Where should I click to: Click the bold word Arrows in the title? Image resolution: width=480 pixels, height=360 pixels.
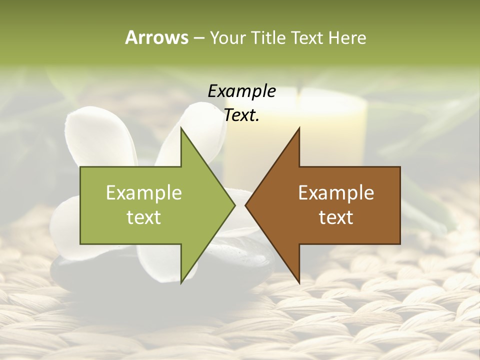click(156, 37)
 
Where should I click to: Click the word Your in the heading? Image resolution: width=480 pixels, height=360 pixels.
click(227, 38)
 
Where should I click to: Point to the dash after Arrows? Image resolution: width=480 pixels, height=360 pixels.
click(198, 38)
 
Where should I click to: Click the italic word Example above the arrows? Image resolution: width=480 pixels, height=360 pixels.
click(241, 91)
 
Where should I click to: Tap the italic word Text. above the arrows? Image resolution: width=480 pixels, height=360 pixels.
click(241, 115)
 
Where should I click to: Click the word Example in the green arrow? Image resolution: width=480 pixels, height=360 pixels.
click(144, 193)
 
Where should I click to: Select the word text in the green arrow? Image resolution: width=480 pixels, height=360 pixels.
click(144, 217)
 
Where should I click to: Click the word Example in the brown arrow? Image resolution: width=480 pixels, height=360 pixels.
click(336, 193)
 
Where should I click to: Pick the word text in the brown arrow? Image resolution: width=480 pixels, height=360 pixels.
click(336, 217)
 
